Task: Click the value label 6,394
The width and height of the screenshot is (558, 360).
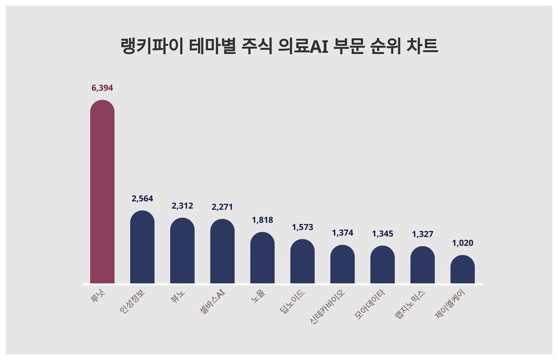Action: click(102, 88)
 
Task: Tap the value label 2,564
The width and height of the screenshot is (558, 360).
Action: click(142, 199)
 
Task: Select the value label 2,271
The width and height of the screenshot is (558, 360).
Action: click(222, 207)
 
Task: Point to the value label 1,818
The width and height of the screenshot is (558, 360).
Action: click(262, 220)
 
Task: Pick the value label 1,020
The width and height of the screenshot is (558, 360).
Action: click(463, 243)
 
